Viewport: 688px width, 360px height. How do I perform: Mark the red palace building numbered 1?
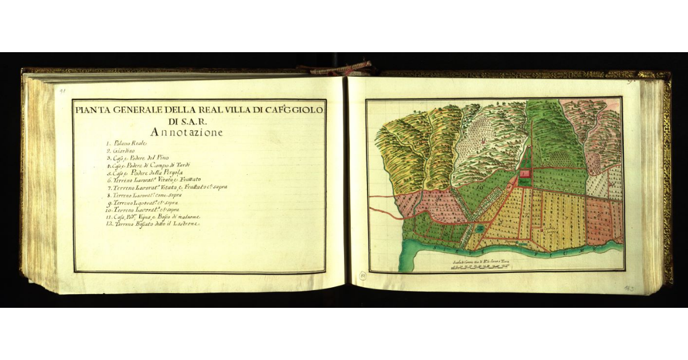coord(524,173)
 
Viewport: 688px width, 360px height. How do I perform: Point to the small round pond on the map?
coord(478,229)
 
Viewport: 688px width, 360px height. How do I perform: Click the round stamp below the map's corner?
coord(362,277)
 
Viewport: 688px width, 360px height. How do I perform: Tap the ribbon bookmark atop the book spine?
coord(338,69)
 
